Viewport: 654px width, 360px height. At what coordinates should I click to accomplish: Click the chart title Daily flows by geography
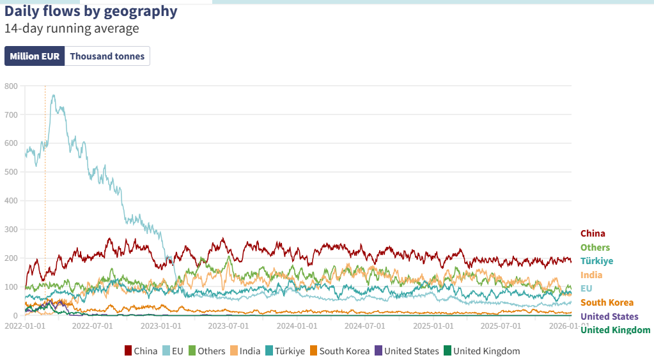[x=91, y=12]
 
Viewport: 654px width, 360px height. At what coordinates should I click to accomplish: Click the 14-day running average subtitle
[x=72, y=29]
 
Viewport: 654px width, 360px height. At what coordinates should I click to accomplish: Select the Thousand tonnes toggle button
[x=107, y=56]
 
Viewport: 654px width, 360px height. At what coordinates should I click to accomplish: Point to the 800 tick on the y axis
[x=10, y=86]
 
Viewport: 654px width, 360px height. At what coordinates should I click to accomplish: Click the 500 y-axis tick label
[x=10, y=172]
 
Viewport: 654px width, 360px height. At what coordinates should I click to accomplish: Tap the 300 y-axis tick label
[x=10, y=229]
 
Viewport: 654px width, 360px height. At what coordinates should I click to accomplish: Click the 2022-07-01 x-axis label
[x=92, y=325]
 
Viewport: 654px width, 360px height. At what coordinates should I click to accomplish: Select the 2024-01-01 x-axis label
[x=297, y=325]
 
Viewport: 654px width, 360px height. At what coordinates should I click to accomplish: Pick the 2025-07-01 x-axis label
[x=501, y=325]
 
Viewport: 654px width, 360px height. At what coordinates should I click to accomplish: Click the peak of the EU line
[x=54, y=95]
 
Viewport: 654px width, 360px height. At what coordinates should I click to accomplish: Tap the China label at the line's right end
[x=593, y=233]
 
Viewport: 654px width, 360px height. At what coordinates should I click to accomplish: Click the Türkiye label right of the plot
[x=596, y=261]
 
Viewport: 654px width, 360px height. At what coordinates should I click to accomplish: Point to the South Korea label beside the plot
[x=607, y=302]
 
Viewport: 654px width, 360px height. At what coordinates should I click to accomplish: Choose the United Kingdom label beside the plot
[x=615, y=330]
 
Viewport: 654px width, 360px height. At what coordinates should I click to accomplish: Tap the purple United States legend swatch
[x=378, y=351]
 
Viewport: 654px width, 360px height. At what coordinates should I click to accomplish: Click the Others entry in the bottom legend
[x=206, y=351]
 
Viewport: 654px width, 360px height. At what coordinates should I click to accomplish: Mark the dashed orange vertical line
[x=45, y=192]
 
